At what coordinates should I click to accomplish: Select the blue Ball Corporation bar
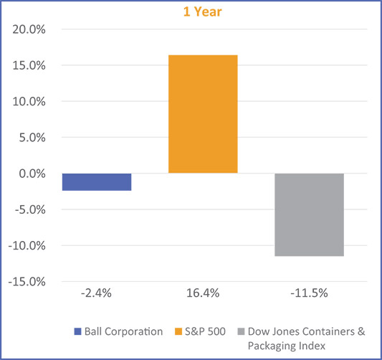coord(97,181)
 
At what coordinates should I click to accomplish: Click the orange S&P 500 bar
coord(203,114)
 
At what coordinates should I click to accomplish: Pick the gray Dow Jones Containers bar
coord(309,214)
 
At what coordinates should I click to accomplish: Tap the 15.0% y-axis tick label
coord(27,66)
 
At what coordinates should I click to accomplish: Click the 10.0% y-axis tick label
coord(27,102)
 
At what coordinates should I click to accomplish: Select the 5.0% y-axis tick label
coord(29,138)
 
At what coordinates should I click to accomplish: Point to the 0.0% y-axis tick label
coord(29,174)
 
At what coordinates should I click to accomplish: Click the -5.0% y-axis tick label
coord(27,209)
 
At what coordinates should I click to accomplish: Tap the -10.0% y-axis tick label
coord(24,245)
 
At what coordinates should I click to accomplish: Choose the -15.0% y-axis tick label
coord(24,281)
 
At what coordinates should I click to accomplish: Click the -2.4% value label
coord(97,293)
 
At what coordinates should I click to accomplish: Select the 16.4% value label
coord(203,293)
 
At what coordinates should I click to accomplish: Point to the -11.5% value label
coord(309,293)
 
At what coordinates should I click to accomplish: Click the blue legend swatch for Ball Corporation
coord(77,331)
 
